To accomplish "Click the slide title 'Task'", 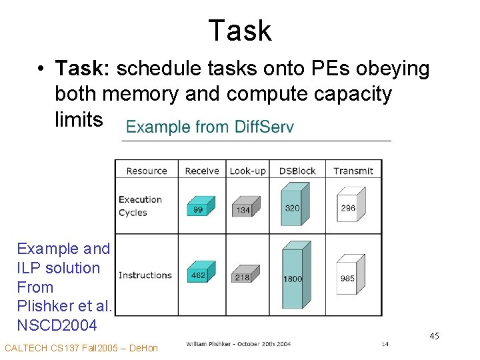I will (x=239, y=31).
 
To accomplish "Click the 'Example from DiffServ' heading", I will (x=209, y=127).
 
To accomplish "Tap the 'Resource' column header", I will (x=146, y=171).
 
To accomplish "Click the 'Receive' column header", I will (x=202, y=171).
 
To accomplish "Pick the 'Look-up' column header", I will (x=247, y=171).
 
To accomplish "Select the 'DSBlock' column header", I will (x=297, y=171).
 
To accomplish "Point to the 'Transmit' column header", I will (x=353, y=171).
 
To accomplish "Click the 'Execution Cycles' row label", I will (x=140, y=206).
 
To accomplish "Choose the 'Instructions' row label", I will (x=145, y=275).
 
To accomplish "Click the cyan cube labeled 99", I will (x=200, y=206).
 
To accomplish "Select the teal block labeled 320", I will (x=293, y=205).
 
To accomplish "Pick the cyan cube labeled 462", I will (x=200, y=272).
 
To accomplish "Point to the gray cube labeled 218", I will (x=245, y=274).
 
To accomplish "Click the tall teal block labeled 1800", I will (x=294, y=276).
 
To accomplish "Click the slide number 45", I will (x=434, y=336).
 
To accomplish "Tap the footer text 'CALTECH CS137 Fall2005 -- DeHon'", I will (x=81, y=348).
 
